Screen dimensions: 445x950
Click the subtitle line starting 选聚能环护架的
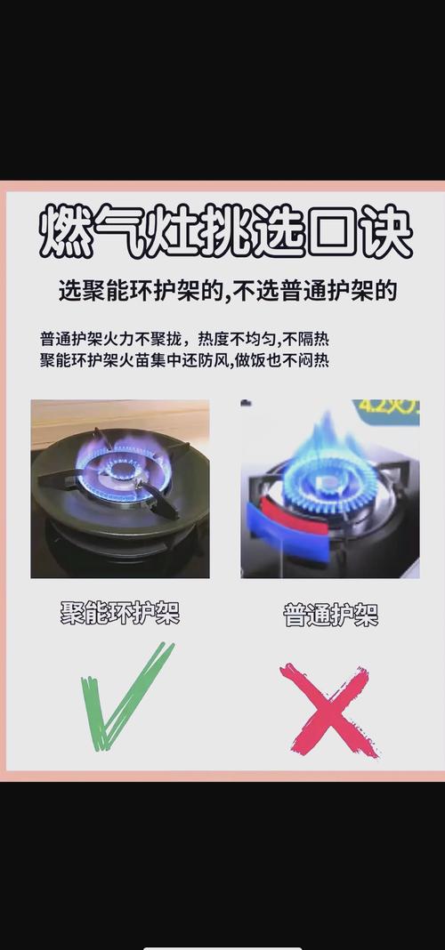point(227,292)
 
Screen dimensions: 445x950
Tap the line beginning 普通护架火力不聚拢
point(184,338)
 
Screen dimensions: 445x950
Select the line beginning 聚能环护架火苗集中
point(184,361)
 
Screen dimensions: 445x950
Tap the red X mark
point(329,710)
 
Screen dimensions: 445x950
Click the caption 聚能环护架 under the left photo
point(120,613)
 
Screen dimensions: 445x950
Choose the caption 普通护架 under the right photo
point(331,615)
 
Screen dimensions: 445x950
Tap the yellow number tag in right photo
point(387,411)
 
